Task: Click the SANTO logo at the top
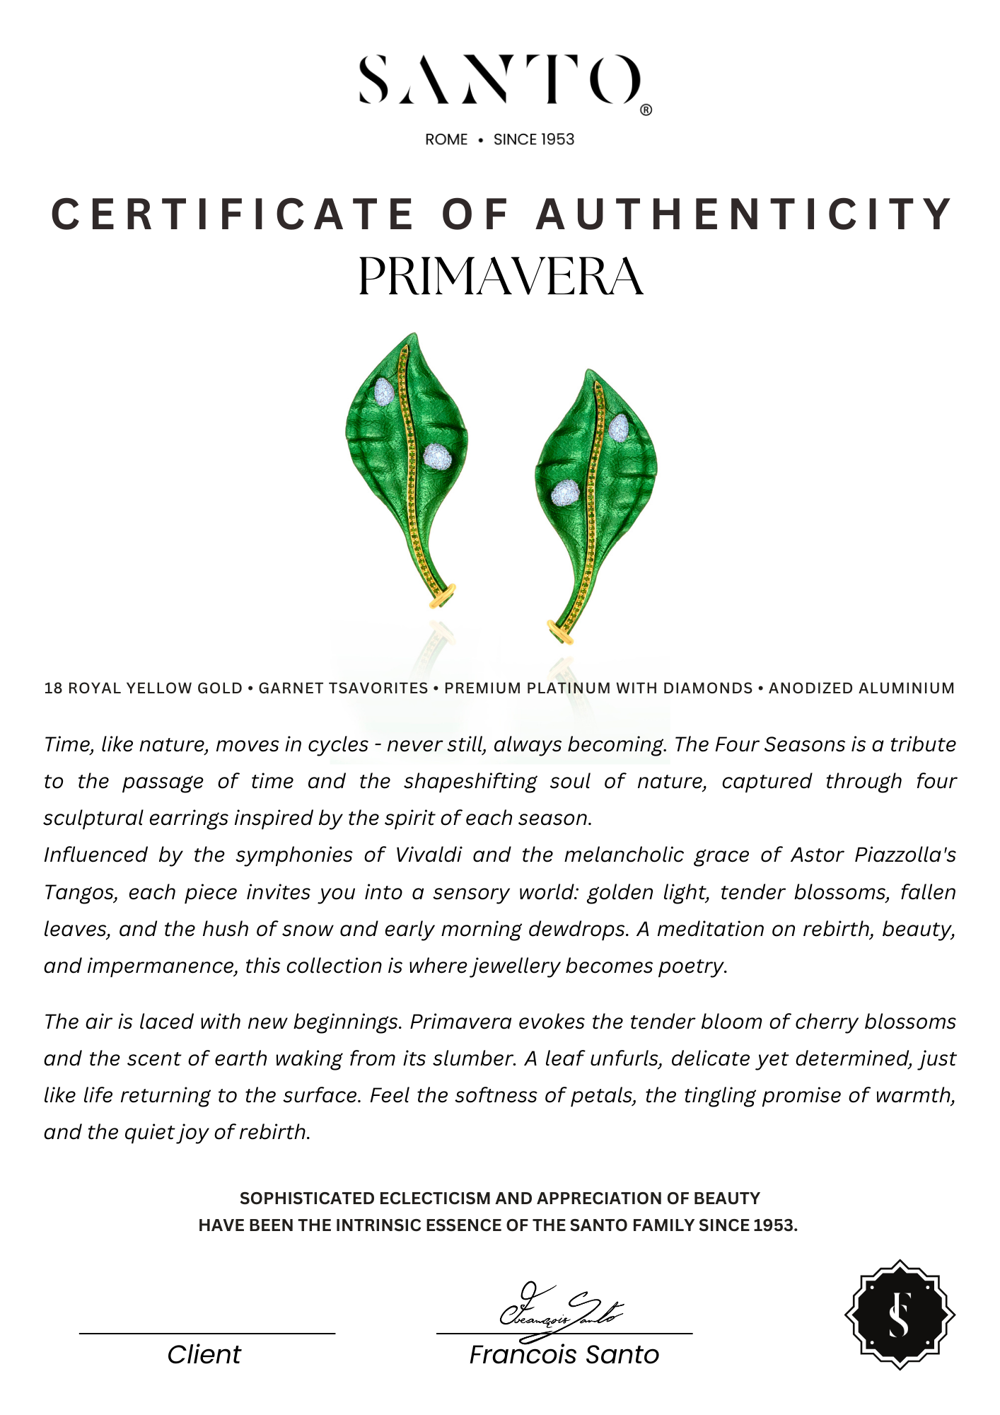pyautogui.click(x=500, y=80)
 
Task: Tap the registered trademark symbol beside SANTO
pyautogui.click(x=646, y=110)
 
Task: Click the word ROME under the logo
pyautogui.click(x=446, y=139)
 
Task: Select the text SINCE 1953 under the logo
pyautogui.click(x=534, y=139)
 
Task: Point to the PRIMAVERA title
pyautogui.click(x=500, y=277)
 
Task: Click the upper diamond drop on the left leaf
pyautogui.click(x=383, y=391)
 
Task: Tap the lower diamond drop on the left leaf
pyautogui.click(x=437, y=456)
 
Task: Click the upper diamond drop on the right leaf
pyautogui.click(x=619, y=427)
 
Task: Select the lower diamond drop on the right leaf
pyautogui.click(x=566, y=492)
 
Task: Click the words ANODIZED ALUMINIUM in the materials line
pyautogui.click(x=861, y=688)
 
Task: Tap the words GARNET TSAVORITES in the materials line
pyautogui.click(x=343, y=688)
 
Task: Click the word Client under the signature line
pyautogui.click(x=204, y=1354)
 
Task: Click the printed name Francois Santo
pyautogui.click(x=564, y=1354)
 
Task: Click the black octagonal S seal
pyautogui.click(x=900, y=1315)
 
